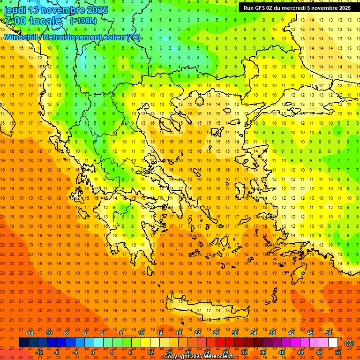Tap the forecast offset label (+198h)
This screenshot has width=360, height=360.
click(83, 21)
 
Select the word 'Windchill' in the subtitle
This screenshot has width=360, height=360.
click(22, 37)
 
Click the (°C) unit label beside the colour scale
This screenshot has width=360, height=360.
click(349, 343)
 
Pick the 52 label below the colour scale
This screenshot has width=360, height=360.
click(338, 352)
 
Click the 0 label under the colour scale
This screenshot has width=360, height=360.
click(92, 352)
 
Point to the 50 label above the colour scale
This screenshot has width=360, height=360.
click(329, 333)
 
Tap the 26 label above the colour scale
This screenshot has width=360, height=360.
click(216, 333)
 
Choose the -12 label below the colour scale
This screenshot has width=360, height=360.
click(39, 352)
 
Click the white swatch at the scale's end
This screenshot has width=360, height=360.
click(333, 343)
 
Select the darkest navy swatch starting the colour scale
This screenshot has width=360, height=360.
click(23, 343)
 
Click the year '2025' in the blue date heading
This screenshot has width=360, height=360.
click(96, 10)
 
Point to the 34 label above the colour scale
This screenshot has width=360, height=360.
click(254, 333)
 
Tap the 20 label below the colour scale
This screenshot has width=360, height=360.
click(187, 352)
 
